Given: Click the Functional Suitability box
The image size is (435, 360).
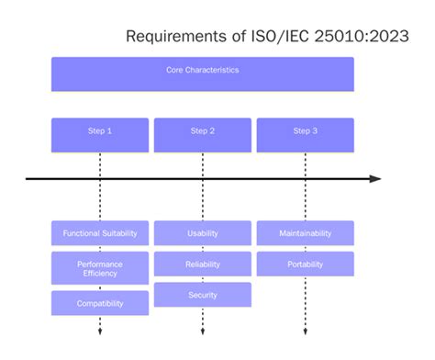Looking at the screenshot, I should click(100, 233).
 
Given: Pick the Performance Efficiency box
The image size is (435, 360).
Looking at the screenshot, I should click(100, 269).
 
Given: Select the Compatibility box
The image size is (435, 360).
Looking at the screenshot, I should click(100, 303).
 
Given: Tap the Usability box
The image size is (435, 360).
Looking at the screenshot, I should click(203, 233).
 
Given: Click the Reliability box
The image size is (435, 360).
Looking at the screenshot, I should click(203, 264).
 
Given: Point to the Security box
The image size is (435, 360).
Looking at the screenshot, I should click(203, 295).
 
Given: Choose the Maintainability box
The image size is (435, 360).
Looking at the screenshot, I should click(306, 233).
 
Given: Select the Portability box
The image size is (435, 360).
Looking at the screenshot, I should click(306, 264).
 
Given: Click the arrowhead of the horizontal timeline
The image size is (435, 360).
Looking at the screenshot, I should click(375, 178).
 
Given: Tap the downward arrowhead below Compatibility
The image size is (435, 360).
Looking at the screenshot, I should click(100, 331).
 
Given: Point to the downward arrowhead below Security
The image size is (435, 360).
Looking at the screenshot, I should click(203, 331).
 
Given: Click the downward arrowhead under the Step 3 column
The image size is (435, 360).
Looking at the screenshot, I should click(306, 331).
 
